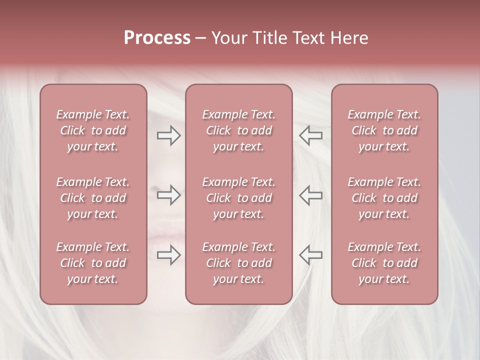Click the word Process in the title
click(157, 38)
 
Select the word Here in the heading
click(348, 38)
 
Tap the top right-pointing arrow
click(168, 135)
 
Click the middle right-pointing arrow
click(168, 195)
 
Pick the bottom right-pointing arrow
click(168, 255)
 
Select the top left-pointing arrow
click(310, 135)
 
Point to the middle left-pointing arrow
click(310, 195)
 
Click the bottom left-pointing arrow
click(310, 255)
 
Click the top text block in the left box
click(93, 130)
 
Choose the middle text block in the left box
click(93, 198)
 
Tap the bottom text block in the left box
click(93, 263)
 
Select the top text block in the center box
click(239, 130)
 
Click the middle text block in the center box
click(239, 198)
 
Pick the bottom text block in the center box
click(239, 263)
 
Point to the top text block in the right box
click(384, 130)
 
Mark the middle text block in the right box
click(384, 198)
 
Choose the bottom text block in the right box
click(384, 263)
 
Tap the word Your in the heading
click(228, 38)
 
